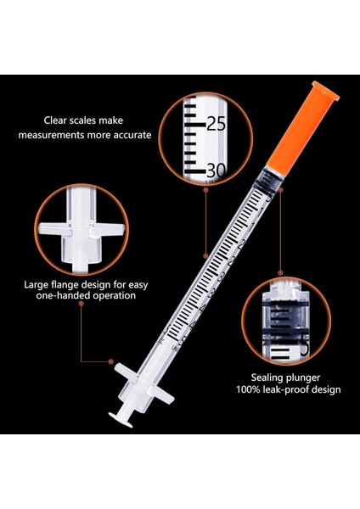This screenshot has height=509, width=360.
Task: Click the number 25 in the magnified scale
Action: (216, 125)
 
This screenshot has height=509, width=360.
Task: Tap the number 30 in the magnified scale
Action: (216, 170)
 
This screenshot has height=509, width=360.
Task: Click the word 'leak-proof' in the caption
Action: (292, 390)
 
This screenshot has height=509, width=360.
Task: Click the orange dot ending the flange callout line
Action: (113, 360)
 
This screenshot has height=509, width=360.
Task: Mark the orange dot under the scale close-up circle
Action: (206, 191)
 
